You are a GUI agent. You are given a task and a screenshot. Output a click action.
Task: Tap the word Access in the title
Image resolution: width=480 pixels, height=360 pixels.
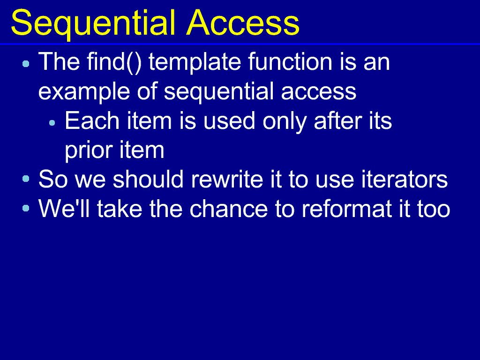click(x=243, y=22)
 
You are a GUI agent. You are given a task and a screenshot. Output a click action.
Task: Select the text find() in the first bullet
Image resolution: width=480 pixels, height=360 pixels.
click(x=114, y=62)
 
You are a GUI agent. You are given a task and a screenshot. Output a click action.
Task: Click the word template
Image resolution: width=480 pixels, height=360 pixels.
click(x=199, y=63)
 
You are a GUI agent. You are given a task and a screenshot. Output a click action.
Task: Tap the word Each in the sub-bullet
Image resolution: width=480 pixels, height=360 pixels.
click(x=92, y=120)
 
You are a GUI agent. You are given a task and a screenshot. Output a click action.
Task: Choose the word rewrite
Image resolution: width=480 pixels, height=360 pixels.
click(x=227, y=179)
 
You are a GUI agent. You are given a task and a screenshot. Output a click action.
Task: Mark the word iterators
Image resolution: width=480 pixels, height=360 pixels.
click(x=405, y=179)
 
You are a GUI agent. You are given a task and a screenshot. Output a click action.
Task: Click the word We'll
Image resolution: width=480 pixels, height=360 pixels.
click(x=64, y=209)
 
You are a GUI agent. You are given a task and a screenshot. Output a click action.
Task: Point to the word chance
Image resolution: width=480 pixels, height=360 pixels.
click(x=229, y=209)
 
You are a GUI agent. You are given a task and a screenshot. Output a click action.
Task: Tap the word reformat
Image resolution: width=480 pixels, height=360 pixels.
click(x=347, y=209)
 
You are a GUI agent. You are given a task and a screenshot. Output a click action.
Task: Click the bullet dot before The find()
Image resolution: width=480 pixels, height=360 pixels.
click(x=26, y=64)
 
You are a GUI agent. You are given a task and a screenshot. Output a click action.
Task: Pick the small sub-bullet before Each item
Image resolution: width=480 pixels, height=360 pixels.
click(x=52, y=123)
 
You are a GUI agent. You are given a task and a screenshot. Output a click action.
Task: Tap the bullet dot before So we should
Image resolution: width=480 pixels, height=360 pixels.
click(x=26, y=179)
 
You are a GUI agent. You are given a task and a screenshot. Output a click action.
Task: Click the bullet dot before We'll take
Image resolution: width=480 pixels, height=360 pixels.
click(x=26, y=208)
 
